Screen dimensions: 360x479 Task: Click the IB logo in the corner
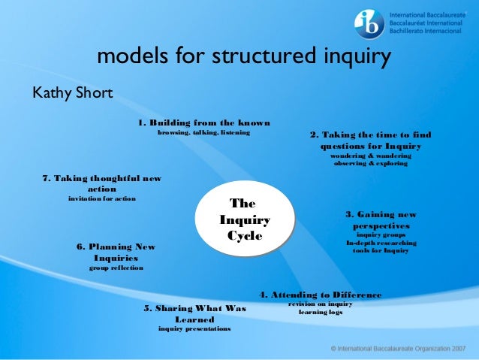pos(370,24)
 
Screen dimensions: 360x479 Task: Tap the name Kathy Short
pos(71,93)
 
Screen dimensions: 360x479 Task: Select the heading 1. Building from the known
pos(203,123)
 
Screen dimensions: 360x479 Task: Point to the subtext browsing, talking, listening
pos(203,133)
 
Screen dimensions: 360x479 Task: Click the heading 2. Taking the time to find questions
pos(370,141)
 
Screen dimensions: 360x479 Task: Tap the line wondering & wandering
pos(371,156)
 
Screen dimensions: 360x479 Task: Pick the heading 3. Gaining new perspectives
pos(381,219)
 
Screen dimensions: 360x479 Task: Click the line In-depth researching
pos(381,243)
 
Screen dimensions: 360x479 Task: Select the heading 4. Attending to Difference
pos(321,295)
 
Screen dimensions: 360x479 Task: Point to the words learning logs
pos(321,311)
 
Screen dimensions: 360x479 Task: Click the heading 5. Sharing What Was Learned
pos(194,313)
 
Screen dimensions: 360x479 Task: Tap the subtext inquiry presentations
pos(194,329)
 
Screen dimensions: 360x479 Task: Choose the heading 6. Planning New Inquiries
pos(116,252)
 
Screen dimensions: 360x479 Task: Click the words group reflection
pos(116,268)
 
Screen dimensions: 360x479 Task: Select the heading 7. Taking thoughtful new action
pos(101,183)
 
